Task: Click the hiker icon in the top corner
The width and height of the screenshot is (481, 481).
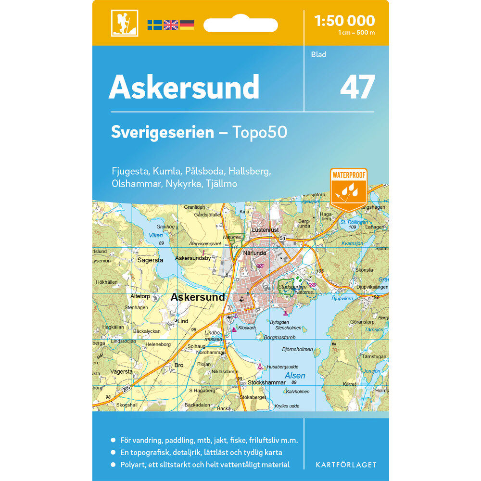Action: pyautogui.click(x=125, y=23)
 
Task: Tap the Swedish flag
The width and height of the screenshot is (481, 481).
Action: pyautogui.click(x=155, y=25)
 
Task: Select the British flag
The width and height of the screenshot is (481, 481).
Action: pyautogui.click(x=171, y=25)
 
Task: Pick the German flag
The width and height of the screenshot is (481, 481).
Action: pyautogui.click(x=187, y=25)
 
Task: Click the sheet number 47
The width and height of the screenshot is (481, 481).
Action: pyautogui.click(x=357, y=87)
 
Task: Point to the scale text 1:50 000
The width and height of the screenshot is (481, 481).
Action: pyautogui.click(x=344, y=21)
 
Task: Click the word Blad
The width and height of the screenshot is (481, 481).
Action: pyautogui.click(x=318, y=54)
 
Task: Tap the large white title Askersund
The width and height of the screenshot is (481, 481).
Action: pyautogui.click(x=184, y=87)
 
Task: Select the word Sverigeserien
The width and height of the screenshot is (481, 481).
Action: pyautogui.click(x=162, y=132)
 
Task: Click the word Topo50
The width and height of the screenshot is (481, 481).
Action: pyautogui.click(x=260, y=132)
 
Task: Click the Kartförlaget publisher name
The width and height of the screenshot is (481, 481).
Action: pyautogui.click(x=346, y=465)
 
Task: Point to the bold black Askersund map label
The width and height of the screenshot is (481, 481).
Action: pyautogui.click(x=198, y=297)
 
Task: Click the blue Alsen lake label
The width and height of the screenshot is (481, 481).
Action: pyautogui.click(x=295, y=376)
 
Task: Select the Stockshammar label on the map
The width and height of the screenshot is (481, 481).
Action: pyautogui.click(x=270, y=383)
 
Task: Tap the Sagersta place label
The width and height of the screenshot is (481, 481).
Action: pyautogui.click(x=151, y=260)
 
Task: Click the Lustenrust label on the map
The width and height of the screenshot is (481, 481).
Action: pyautogui.click(x=265, y=230)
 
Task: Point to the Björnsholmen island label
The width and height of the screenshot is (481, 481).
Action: pyautogui.click(x=297, y=349)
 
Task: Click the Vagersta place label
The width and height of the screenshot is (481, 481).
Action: pyautogui.click(x=121, y=372)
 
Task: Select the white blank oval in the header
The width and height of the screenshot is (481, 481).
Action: pyautogui.click(x=240, y=25)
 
